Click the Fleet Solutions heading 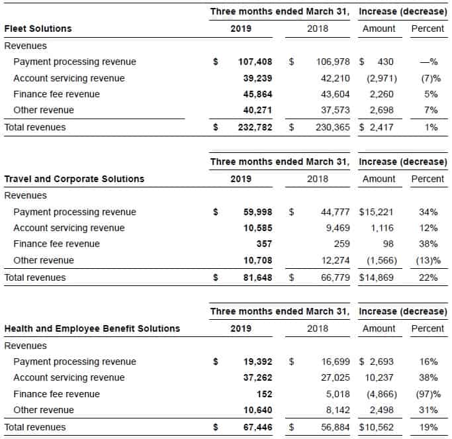pyautogui.click(x=38, y=28)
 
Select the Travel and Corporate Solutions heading pyautogui.click(x=74, y=179)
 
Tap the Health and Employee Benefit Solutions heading pyautogui.click(x=92, y=328)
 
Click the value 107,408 pyautogui.click(x=255, y=62)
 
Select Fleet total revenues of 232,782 pyautogui.click(x=255, y=127)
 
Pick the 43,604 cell pyautogui.click(x=336, y=94)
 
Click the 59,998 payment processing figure pyautogui.click(x=257, y=212)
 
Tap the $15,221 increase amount pyautogui.click(x=376, y=212)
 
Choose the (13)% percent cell pyautogui.click(x=428, y=260)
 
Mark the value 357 pyautogui.click(x=264, y=244)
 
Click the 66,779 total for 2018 pyautogui.click(x=336, y=277)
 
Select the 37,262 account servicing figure pyautogui.click(x=257, y=377)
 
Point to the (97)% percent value pyautogui.click(x=428, y=394)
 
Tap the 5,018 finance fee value pyautogui.click(x=338, y=394)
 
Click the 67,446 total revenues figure pyautogui.click(x=257, y=427)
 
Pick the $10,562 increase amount pyautogui.click(x=376, y=427)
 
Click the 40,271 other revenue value pyautogui.click(x=257, y=110)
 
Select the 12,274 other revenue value pyautogui.click(x=336, y=260)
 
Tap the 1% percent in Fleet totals pyautogui.click(x=431, y=127)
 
